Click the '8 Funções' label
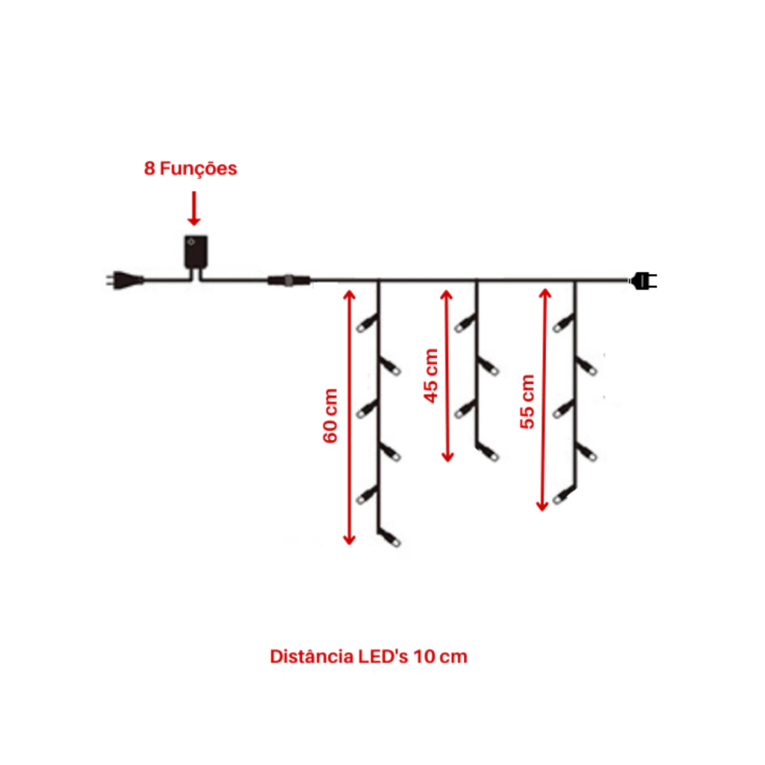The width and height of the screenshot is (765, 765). pyautogui.click(x=191, y=169)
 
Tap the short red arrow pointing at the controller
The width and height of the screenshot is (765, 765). pyautogui.click(x=194, y=208)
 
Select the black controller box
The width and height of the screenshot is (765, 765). pyautogui.click(x=196, y=252)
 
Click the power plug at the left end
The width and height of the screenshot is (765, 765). pyautogui.click(x=125, y=280)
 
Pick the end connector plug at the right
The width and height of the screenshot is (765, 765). pyautogui.click(x=644, y=281)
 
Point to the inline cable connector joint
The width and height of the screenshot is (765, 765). pyautogui.click(x=289, y=281)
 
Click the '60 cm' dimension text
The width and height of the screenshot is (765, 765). pyautogui.click(x=330, y=415)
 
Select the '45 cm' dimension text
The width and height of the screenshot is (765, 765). pyautogui.click(x=431, y=376)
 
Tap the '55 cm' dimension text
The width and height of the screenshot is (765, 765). pyautogui.click(x=527, y=401)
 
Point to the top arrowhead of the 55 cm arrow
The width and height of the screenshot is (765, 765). pyautogui.click(x=545, y=294)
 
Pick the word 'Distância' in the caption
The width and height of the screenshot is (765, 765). pyautogui.click(x=312, y=657)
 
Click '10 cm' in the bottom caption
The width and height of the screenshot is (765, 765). pyautogui.click(x=441, y=657)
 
